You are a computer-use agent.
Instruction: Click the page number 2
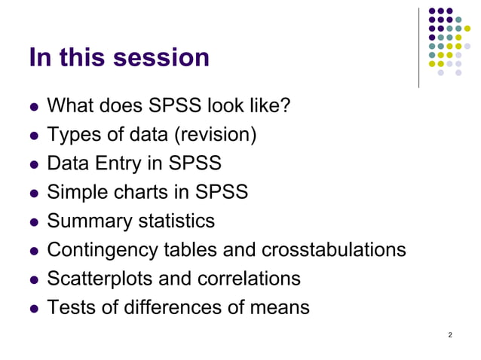tap(450, 334)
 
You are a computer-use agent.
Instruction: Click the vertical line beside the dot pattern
tap(419, 47)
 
